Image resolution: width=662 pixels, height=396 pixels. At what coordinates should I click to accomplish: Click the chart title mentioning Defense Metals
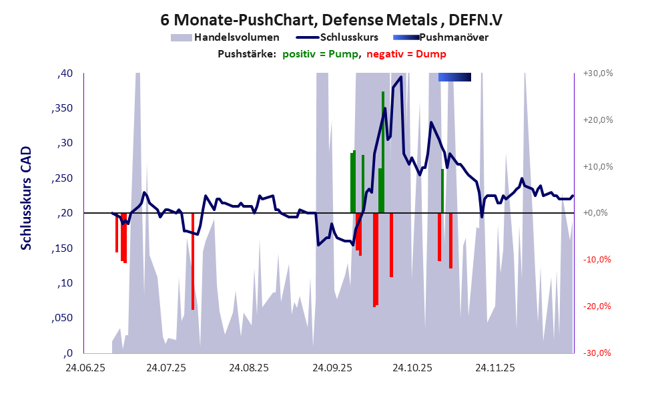[x=332, y=20]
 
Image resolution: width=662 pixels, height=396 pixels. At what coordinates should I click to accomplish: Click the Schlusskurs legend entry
[x=350, y=37]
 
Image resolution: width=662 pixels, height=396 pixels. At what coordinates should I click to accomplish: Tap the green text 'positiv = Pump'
[x=318, y=54]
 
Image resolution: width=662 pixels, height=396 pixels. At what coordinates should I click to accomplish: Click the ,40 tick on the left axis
[x=65, y=73]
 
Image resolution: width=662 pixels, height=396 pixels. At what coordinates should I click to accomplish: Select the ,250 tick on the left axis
[x=62, y=178]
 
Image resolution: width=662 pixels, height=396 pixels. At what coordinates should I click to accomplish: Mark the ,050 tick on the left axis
[x=62, y=319]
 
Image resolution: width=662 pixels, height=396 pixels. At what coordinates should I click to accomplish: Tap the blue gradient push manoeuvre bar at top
[x=454, y=77]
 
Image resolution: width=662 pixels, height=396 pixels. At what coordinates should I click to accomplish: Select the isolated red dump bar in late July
[x=193, y=261]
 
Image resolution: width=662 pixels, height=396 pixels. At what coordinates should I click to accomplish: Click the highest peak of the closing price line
[x=400, y=77]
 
